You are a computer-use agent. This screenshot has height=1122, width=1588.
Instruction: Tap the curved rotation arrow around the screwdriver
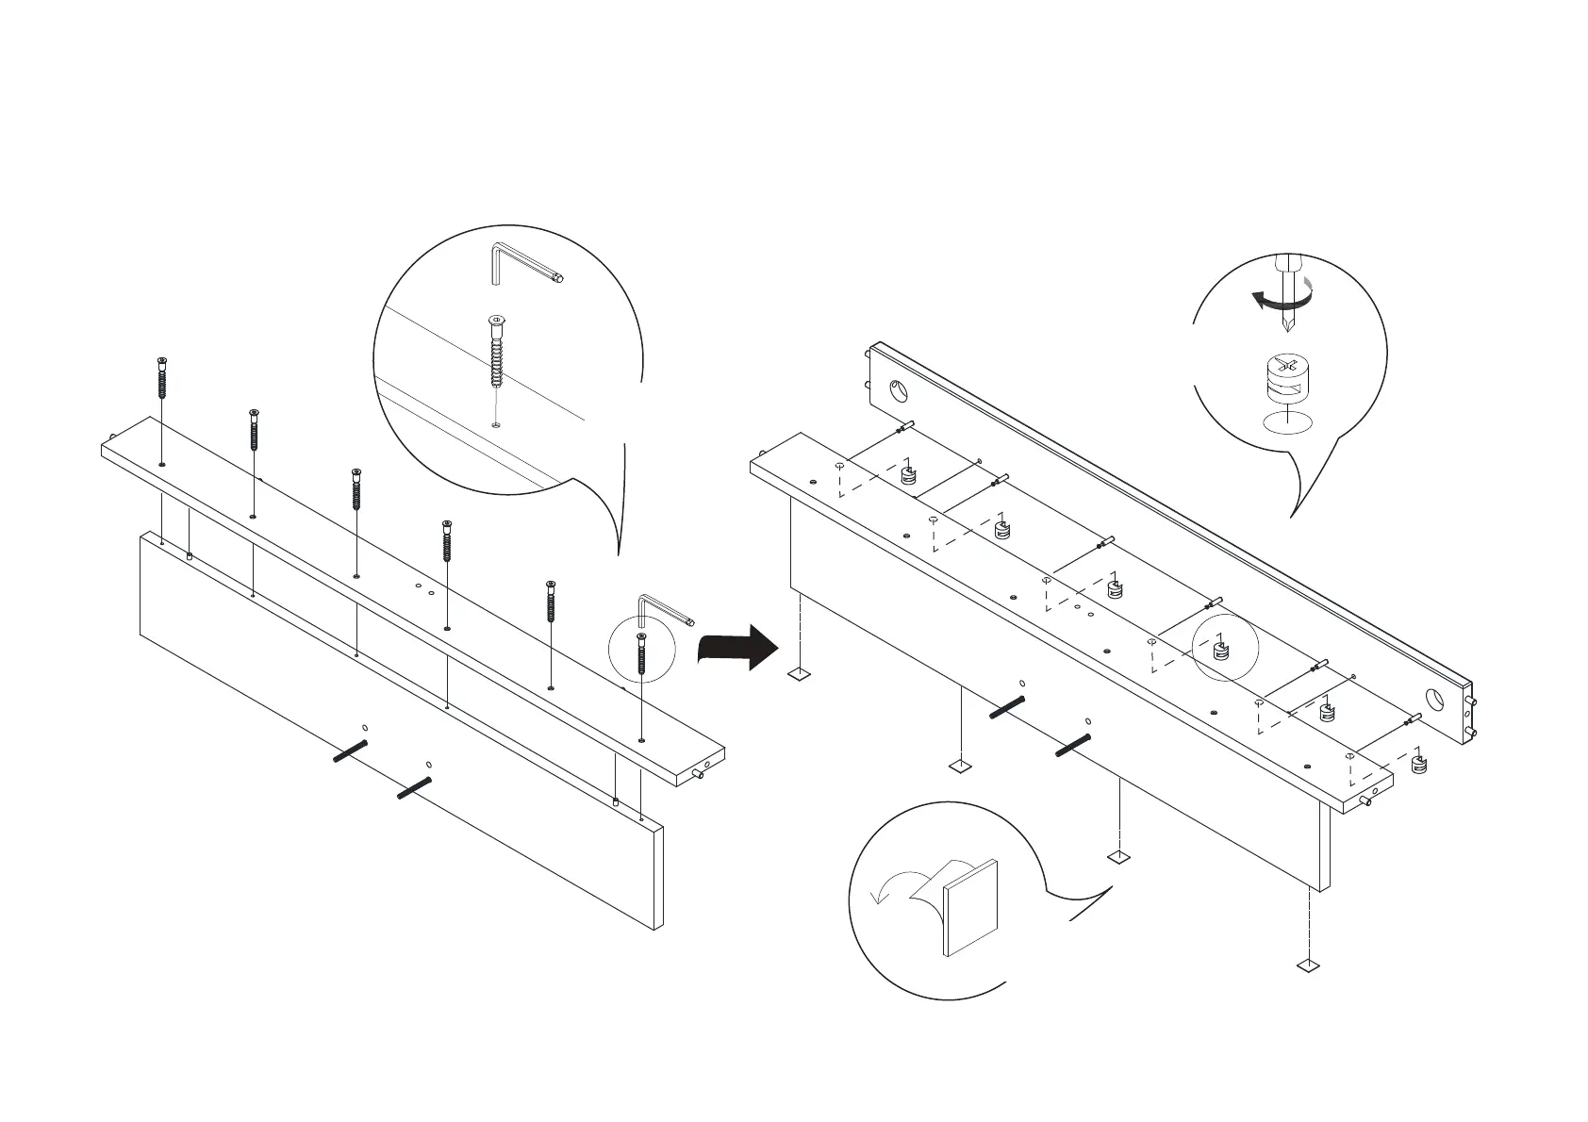(1282, 300)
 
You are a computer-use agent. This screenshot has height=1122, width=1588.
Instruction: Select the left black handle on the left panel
(350, 751)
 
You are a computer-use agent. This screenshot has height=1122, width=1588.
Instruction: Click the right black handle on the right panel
(1072, 745)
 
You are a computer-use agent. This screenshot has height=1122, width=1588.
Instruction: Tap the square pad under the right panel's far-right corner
(1307, 965)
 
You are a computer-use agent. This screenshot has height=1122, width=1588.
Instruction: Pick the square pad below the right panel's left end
(799, 674)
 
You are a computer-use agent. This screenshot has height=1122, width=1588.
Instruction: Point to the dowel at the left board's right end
(701, 775)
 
